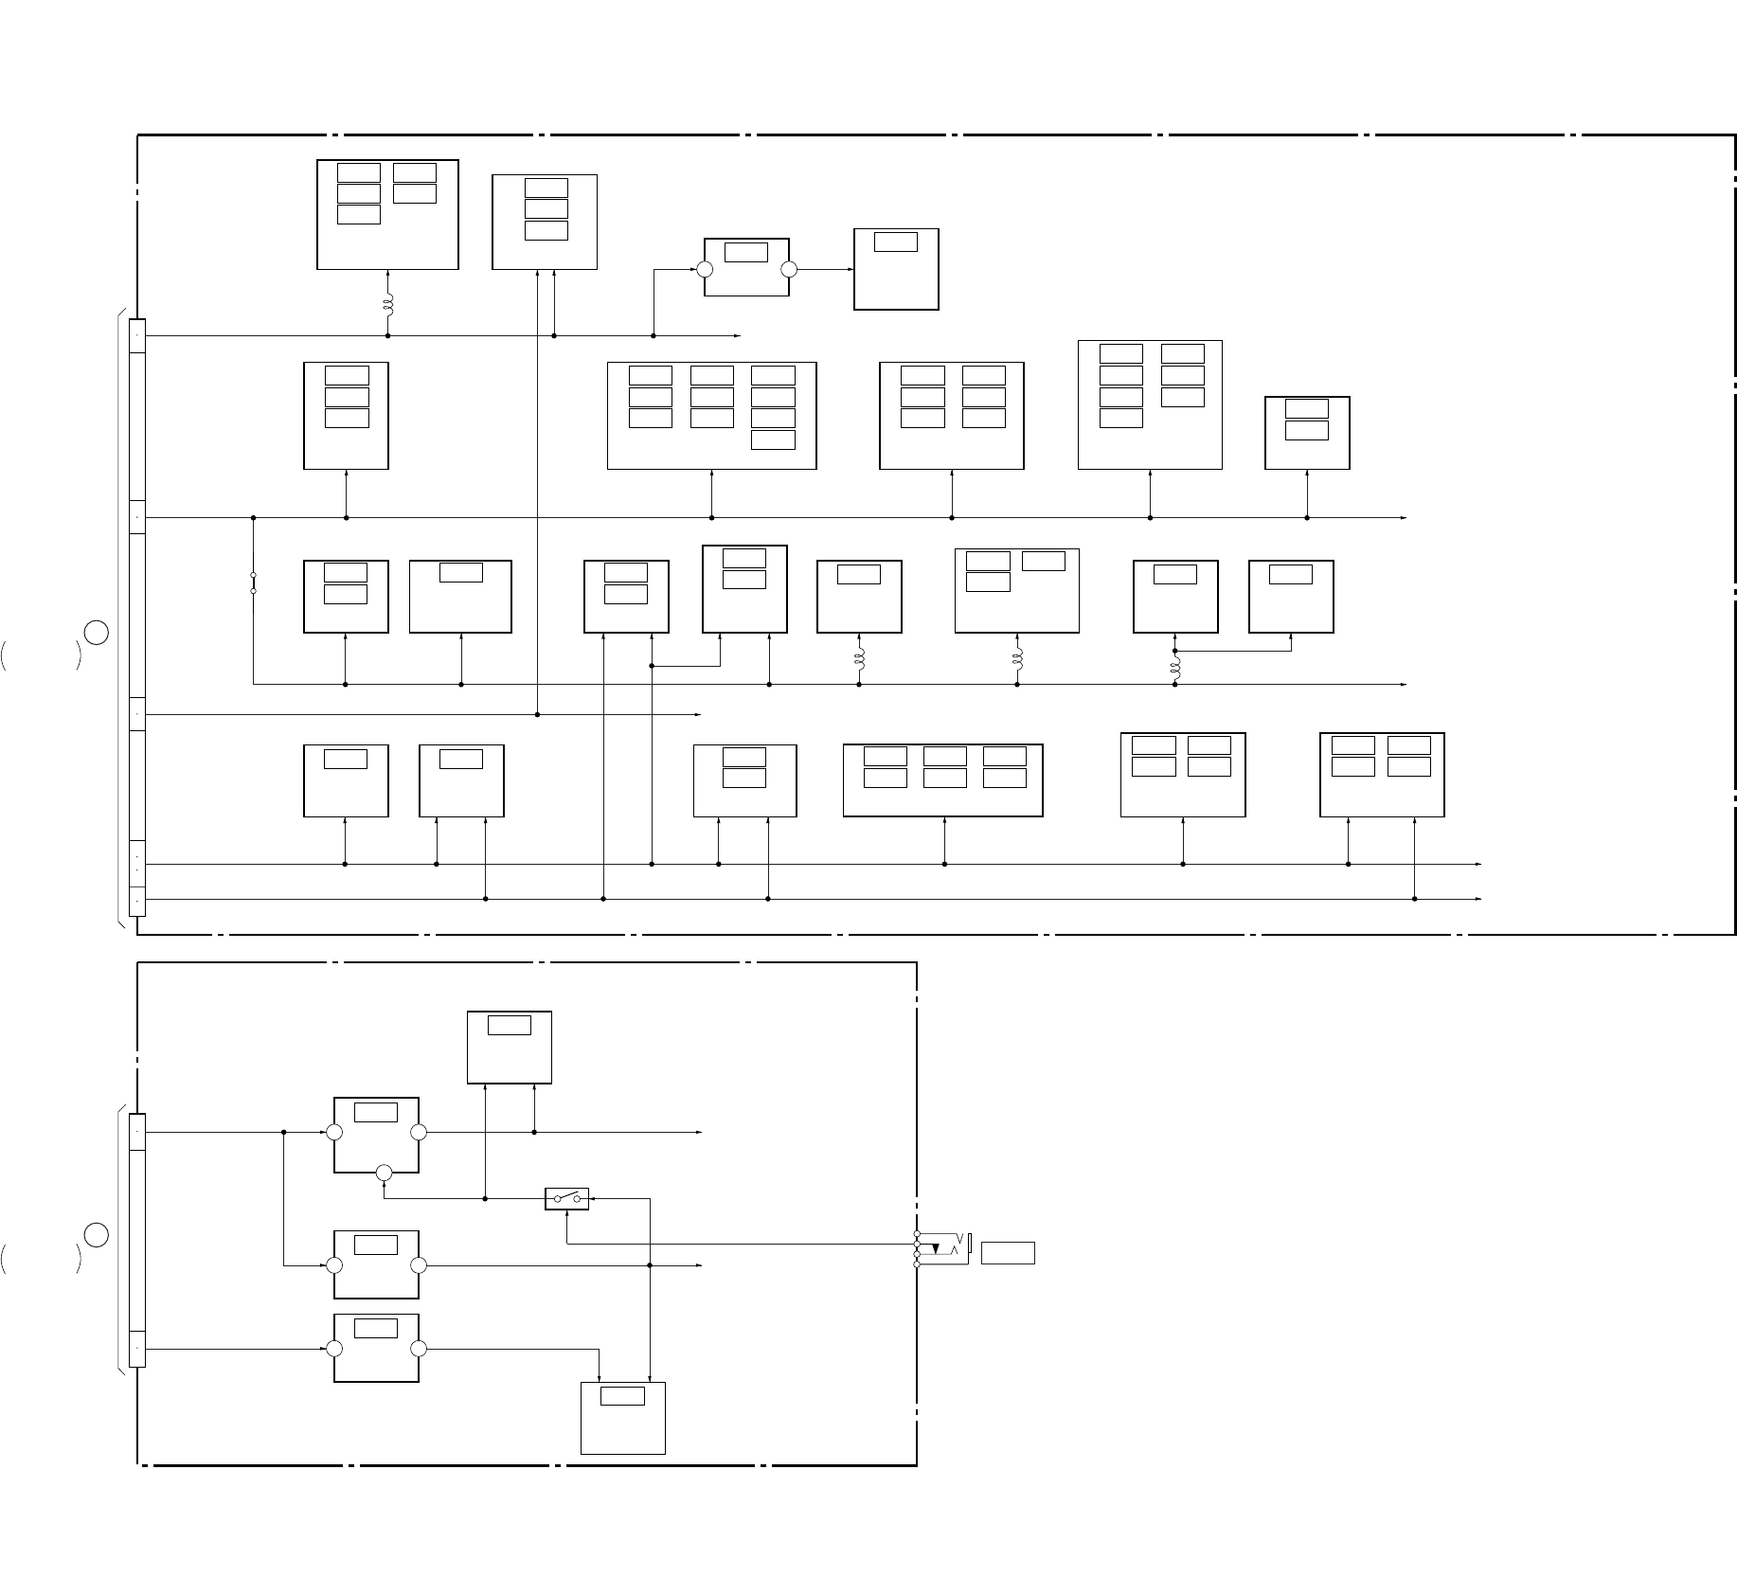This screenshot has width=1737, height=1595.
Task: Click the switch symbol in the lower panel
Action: [x=566, y=1198]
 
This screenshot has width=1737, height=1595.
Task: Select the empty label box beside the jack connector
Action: [x=1008, y=1252]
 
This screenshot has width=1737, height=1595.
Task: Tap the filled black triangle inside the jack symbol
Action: [x=936, y=1250]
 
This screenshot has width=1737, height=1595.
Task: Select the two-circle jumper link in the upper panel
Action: [x=253, y=582]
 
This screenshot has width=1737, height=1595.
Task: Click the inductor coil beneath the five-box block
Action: [x=387, y=305]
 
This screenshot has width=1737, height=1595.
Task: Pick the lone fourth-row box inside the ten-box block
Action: [x=773, y=439]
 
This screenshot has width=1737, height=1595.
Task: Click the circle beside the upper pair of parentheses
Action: [x=95, y=632]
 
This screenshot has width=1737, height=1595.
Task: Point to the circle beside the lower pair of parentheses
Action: [x=95, y=1235]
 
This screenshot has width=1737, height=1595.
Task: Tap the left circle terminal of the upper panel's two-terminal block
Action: [x=705, y=269]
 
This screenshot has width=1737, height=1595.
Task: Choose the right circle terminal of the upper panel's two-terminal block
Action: [x=789, y=269]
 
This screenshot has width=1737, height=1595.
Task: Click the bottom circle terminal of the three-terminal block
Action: [x=384, y=1174]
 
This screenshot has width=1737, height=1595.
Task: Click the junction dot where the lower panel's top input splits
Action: [x=284, y=1132]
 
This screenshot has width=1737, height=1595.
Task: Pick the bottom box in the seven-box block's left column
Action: [x=1121, y=418]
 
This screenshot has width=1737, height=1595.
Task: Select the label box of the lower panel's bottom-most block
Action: [x=622, y=1396]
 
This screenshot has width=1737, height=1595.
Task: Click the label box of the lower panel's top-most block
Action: [x=509, y=1025]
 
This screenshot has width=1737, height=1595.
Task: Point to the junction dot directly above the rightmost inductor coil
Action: [x=1175, y=651]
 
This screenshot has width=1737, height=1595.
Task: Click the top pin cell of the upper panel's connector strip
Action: [x=137, y=335]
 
